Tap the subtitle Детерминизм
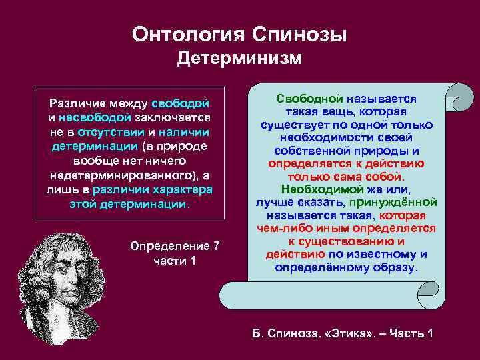coord(239,59)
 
